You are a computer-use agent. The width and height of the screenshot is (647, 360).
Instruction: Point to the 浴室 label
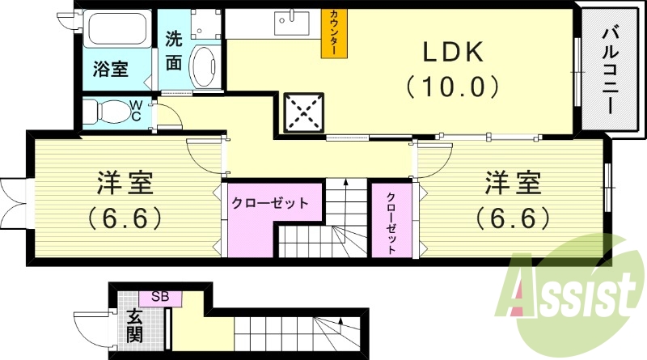tap(111, 69)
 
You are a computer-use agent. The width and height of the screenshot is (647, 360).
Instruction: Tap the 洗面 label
tap(174, 49)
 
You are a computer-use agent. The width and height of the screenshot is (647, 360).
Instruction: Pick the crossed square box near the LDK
tap(303, 112)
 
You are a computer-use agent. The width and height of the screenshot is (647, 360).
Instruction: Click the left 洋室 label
tap(125, 184)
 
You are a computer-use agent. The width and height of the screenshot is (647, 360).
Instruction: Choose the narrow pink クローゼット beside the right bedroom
tap(391, 220)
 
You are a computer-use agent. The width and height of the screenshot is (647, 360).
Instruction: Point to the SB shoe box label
tap(159, 297)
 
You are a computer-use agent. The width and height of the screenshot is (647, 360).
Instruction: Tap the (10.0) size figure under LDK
tap(450, 84)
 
